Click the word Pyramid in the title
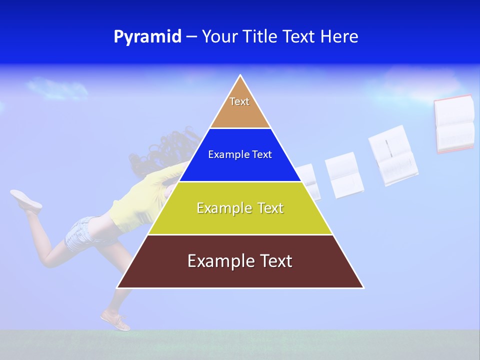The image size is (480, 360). click(x=147, y=37)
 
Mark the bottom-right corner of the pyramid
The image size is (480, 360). click(x=363, y=287)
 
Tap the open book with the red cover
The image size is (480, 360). click(x=454, y=123)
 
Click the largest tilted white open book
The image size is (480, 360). click(x=392, y=155)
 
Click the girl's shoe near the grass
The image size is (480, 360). click(x=115, y=320)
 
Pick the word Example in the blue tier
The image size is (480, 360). click(x=223, y=155)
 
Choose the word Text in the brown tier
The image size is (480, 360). click(x=272, y=261)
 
